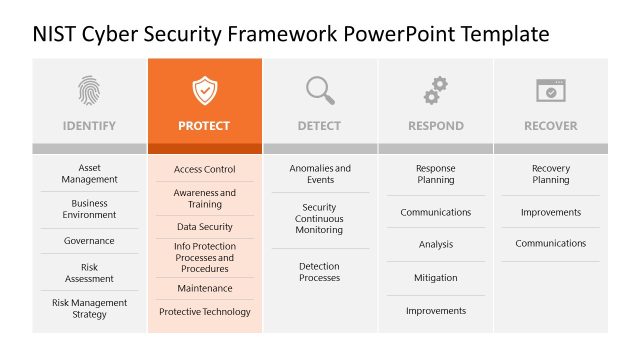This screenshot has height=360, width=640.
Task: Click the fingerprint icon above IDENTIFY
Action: (89, 91)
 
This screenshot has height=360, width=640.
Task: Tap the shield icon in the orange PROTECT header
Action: (204, 91)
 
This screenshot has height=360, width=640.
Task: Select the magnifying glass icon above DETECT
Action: (320, 91)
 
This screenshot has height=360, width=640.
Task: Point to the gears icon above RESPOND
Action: (435, 91)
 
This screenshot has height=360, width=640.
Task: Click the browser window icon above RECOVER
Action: (550, 91)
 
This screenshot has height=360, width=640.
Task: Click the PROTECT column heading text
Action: (204, 126)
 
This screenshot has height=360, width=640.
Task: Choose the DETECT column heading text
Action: (319, 126)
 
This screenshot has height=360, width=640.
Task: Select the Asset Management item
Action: (89, 174)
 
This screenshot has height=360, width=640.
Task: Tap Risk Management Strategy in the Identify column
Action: (89, 308)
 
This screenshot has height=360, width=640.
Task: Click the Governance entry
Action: (89, 241)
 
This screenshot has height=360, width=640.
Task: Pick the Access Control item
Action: (205, 170)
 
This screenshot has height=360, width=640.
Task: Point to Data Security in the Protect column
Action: (205, 227)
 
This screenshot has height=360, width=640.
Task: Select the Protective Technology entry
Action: (205, 312)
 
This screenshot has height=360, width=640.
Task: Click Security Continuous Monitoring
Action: (319, 219)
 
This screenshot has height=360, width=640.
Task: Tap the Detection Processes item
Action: (319, 272)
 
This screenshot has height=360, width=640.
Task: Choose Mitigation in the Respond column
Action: (435, 278)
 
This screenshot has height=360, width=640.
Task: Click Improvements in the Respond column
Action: (435, 311)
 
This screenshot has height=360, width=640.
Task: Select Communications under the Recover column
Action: (550, 244)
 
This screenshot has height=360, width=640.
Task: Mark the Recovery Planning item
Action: (550, 174)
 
